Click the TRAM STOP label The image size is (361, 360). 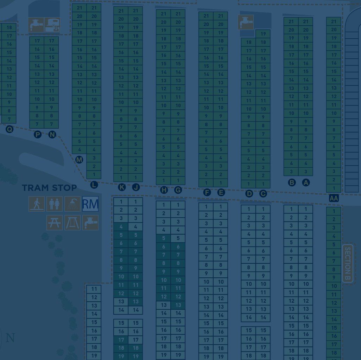(49, 188)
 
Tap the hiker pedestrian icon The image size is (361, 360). (37, 204)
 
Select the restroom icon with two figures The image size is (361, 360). (55, 204)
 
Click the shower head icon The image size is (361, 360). (72, 204)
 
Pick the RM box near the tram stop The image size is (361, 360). (90, 204)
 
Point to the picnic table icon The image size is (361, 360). (55, 223)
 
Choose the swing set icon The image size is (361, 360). (72, 223)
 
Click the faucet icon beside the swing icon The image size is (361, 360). (90, 223)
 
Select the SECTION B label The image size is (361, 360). (347, 263)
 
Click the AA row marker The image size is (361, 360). (334, 198)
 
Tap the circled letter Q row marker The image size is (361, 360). (9, 129)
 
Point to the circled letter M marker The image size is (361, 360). (79, 160)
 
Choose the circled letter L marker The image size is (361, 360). (94, 185)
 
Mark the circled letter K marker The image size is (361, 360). (122, 187)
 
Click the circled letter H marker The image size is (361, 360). (164, 190)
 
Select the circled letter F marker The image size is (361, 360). (207, 192)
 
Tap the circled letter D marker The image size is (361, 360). (249, 193)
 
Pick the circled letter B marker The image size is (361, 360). (292, 182)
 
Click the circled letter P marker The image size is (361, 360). (38, 134)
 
